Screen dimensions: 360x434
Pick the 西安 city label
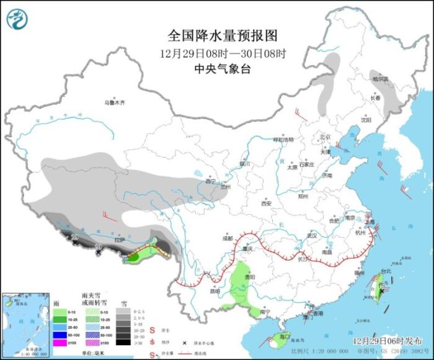(266, 203)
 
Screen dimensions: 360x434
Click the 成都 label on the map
(227, 238)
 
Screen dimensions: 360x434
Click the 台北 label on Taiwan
(385, 271)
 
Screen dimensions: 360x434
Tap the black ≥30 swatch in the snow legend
(123, 341)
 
